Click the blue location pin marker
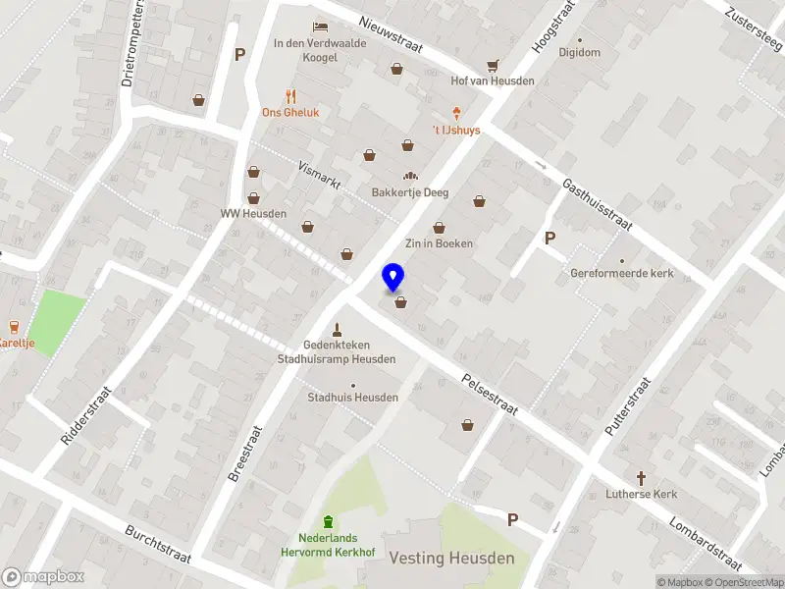click(x=393, y=278)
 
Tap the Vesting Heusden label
click(x=451, y=559)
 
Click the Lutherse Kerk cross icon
click(x=642, y=478)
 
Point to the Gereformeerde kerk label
click(x=622, y=273)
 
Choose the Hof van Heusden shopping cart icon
click(x=493, y=66)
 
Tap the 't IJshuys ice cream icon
click(x=456, y=115)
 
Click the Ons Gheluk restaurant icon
click(x=289, y=96)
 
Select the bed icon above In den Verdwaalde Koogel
click(x=319, y=27)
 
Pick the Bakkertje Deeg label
click(x=410, y=192)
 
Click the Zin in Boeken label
click(x=440, y=243)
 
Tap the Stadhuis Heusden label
click(x=353, y=398)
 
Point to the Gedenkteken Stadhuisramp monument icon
click(x=337, y=330)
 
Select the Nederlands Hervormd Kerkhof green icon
click(x=328, y=521)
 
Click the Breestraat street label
click(x=245, y=453)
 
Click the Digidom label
click(x=579, y=52)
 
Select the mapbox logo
click(x=43, y=577)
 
